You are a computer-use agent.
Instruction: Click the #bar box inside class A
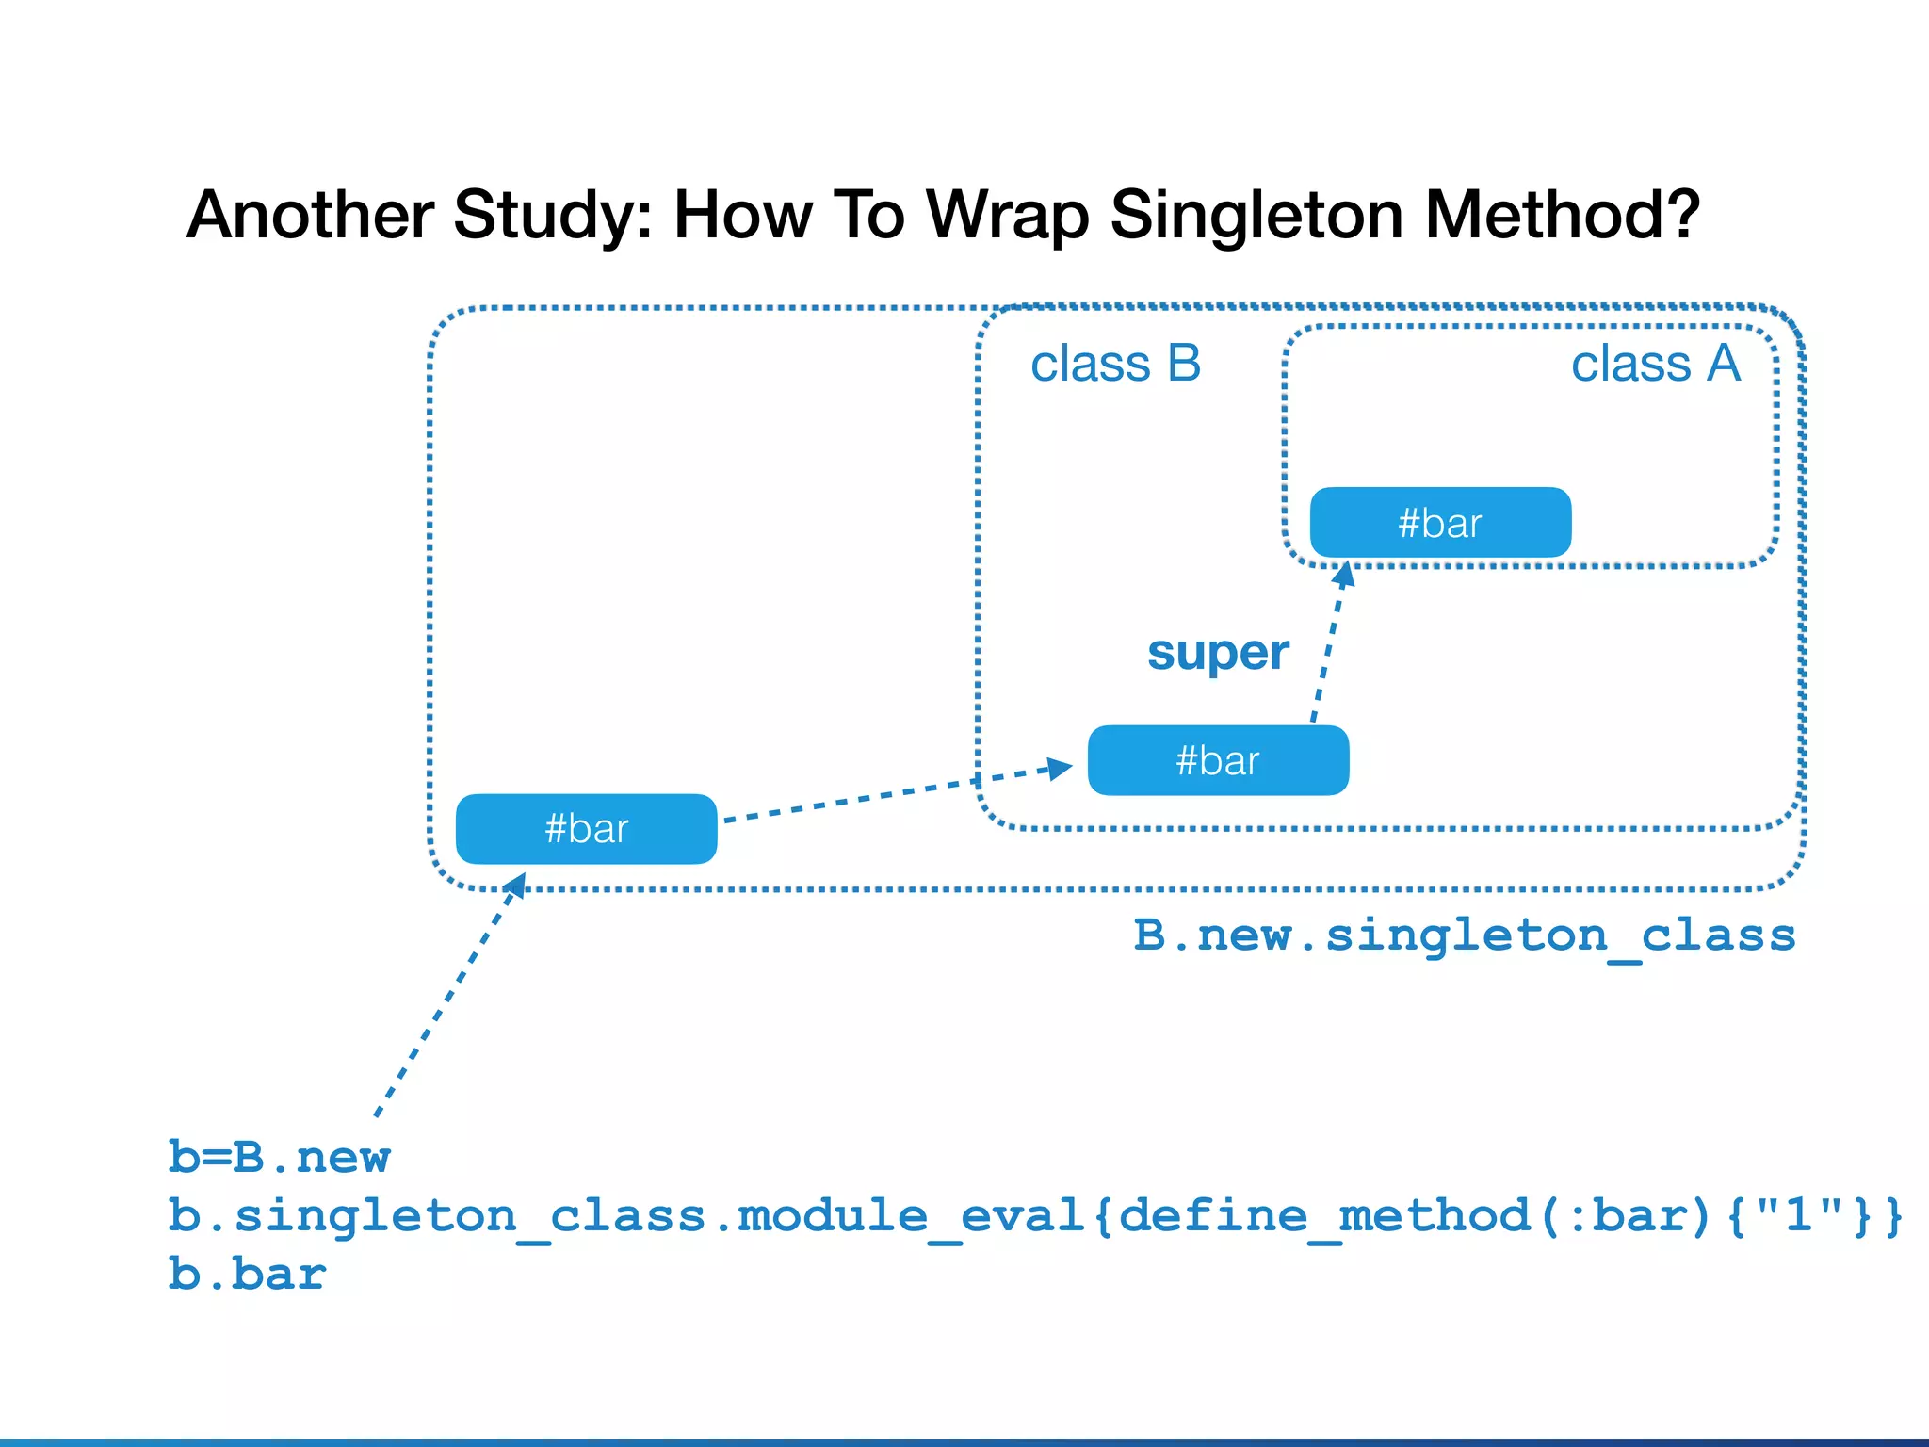[1440, 523]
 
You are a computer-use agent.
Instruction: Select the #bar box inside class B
[1218, 760]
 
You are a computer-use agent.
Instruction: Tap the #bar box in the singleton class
[586, 829]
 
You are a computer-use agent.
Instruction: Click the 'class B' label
[1115, 364]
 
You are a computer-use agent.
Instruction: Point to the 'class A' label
[1655, 364]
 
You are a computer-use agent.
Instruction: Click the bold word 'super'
[1217, 652]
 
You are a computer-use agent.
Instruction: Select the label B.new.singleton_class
[1464, 935]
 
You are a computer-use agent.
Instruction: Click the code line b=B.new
[279, 1157]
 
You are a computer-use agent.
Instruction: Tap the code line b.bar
[247, 1274]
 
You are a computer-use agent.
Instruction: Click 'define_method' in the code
[1324, 1215]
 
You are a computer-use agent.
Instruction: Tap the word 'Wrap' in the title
[1009, 216]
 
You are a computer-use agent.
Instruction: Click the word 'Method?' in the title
[1562, 216]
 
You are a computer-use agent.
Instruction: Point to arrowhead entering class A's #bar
[1345, 574]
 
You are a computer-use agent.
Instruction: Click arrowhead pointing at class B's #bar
[1061, 768]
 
